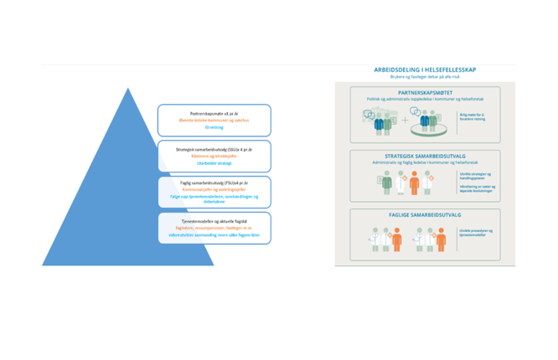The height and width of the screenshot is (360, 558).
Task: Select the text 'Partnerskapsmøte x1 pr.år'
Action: tap(214, 113)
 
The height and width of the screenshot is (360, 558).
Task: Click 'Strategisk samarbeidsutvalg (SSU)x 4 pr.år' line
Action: tap(214, 149)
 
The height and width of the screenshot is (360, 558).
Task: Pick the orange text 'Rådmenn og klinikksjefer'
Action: tap(214, 157)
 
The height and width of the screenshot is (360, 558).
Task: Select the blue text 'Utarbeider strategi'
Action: tap(214, 164)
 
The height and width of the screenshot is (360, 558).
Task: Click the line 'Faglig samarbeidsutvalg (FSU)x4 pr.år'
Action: tap(214, 183)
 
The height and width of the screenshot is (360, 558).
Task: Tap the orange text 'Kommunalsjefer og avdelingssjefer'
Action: tap(214, 190)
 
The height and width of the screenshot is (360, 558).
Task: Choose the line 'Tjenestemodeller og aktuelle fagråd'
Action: tap(214, 219)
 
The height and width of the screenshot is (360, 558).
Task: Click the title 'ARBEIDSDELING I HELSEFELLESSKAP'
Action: tap(425, 69)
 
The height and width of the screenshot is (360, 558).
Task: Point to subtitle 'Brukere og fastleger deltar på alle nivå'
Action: tap(425, 77)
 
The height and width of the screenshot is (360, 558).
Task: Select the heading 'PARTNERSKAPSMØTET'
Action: tap(425, 92)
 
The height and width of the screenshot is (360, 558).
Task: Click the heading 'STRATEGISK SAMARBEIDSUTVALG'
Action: tap(425, 156)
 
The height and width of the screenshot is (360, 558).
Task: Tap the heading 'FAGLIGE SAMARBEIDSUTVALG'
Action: tap(425, 214)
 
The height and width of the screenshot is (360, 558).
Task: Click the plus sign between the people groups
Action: tap(405, 121)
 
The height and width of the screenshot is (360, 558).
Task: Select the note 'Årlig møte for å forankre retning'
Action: tap(473, 117)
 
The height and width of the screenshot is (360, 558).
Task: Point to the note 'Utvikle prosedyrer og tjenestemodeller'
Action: tap(473, 234)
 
